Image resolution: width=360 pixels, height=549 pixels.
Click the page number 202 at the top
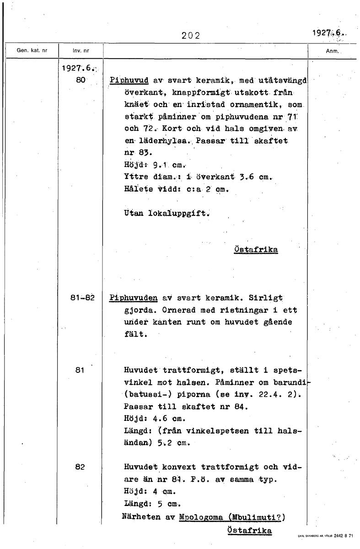(191, 35)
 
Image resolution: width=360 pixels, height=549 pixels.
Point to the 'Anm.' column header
(332, 51)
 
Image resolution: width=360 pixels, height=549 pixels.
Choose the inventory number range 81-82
(82, 298)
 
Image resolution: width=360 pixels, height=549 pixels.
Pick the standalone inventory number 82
(80, 467)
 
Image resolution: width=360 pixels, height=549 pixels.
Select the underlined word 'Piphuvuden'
(133, 298)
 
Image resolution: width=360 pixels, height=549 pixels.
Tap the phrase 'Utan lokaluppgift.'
(166, 213)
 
